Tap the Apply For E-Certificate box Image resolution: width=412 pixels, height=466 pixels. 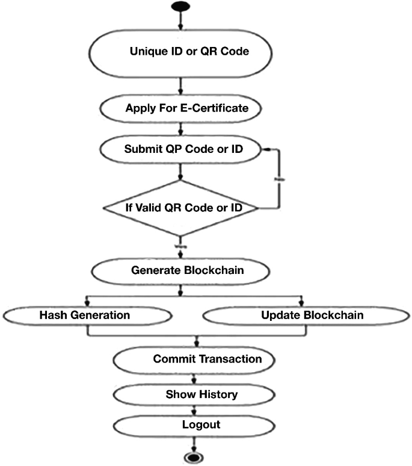186,109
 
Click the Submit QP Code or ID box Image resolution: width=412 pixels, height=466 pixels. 183,149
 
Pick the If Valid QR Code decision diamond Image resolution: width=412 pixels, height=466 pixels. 181,208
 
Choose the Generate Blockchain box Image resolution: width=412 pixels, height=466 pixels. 187,270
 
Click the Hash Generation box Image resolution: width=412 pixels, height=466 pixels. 87,315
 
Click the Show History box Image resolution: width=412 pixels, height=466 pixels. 194,395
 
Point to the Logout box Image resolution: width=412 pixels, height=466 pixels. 194,424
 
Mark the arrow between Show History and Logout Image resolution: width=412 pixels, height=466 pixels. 194,410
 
